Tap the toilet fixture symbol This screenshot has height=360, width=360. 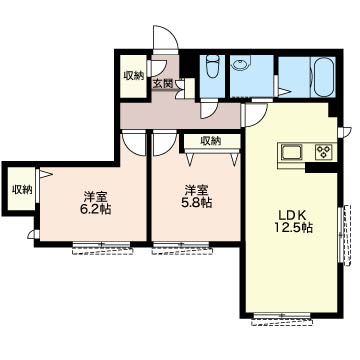point(212,67)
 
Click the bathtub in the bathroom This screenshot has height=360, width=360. point(323,77)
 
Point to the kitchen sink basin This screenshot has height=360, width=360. point(292,152)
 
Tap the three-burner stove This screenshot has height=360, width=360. point(323,152)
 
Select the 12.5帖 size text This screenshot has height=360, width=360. point(293,228)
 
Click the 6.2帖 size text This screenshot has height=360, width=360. point(95,209)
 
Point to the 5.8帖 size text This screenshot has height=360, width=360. point(197,202)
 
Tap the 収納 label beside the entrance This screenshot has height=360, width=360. point(134,76)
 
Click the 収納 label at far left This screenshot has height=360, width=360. point(22,190)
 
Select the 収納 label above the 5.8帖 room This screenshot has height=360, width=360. point(211,141)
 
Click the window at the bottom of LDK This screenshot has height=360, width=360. point(282,317)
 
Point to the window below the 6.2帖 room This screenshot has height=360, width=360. point(102,247)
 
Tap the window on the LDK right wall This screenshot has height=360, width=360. point(344,235)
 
